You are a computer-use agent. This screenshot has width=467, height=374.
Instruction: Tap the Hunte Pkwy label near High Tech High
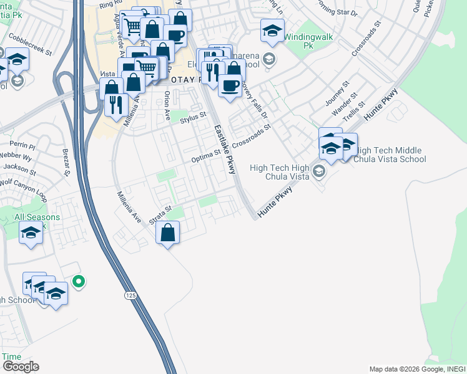click(275, 202)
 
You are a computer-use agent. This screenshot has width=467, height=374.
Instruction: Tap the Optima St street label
click(206, 155)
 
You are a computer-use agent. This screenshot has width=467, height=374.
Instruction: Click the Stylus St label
click(193, 117)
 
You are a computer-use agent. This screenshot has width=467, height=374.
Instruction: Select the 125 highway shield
click(130, 294)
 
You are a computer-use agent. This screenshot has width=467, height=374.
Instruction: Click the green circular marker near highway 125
click(78, 282)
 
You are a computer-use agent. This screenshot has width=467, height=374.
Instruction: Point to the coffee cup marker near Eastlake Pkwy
click(230, 85)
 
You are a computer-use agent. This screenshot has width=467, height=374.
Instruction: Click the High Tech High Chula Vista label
click(279, 172)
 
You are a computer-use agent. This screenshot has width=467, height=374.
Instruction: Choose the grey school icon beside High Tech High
click(319, 171)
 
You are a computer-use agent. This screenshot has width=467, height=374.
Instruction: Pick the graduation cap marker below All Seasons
click(31, 234)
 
